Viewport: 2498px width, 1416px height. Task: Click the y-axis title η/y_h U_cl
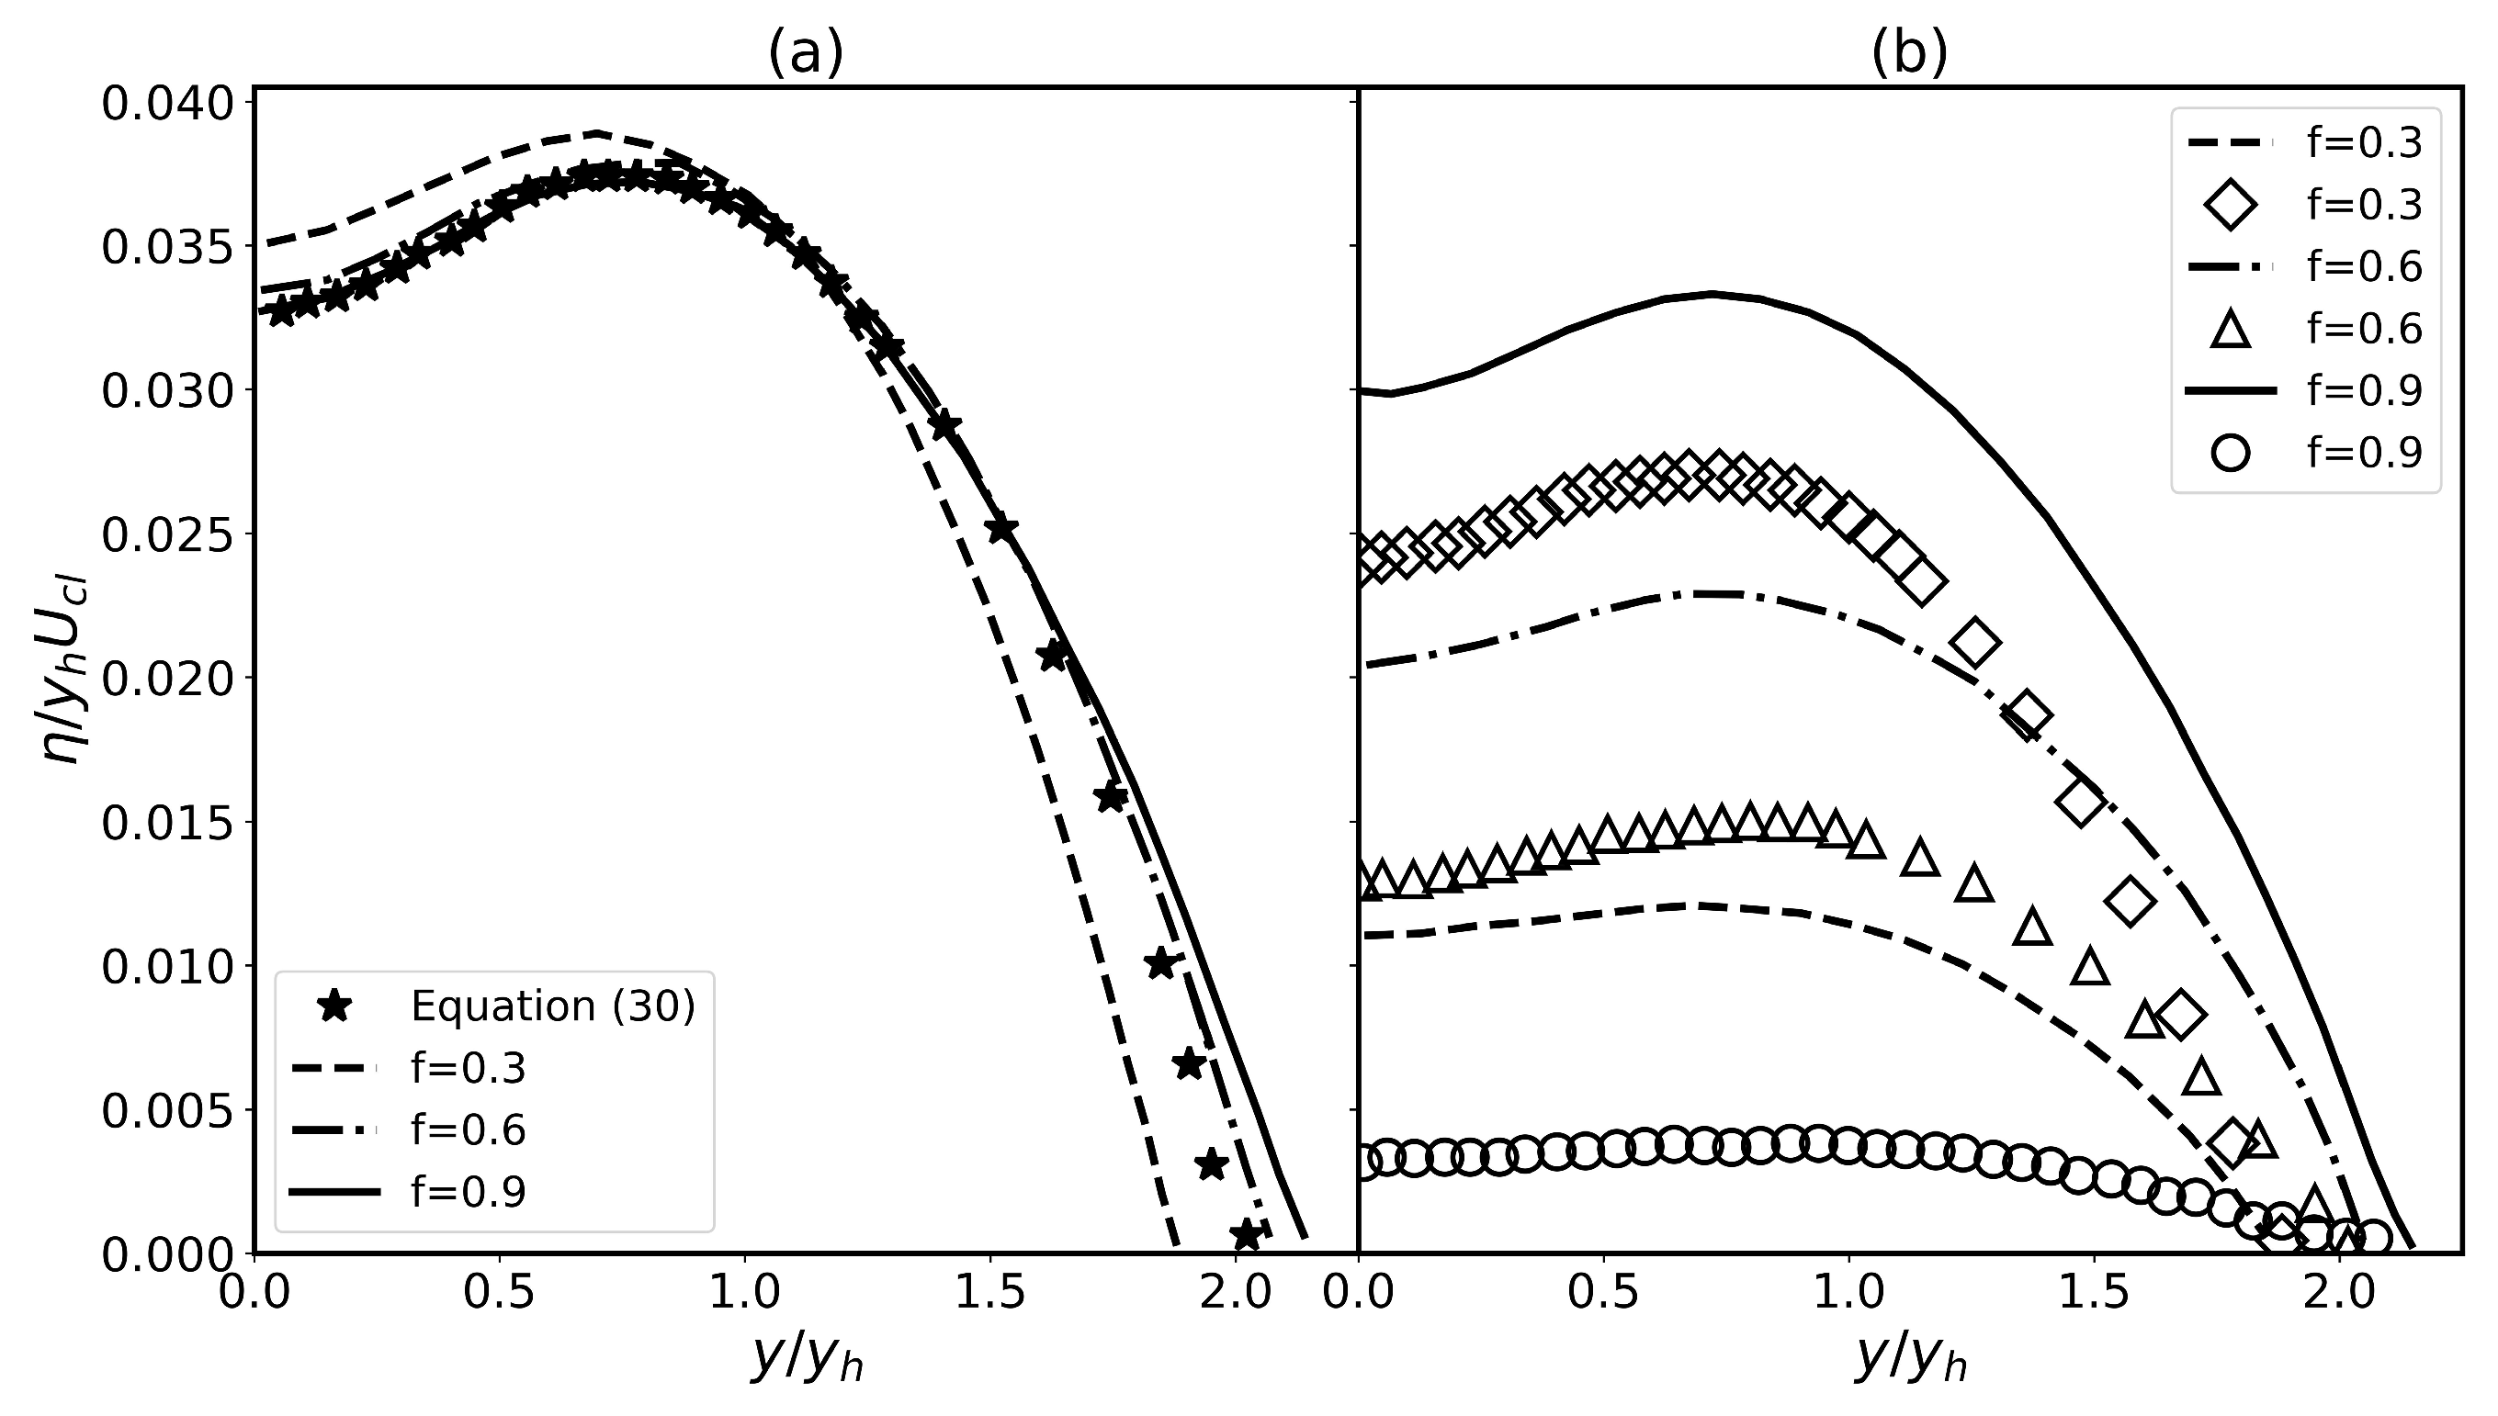click(x=66, y=671)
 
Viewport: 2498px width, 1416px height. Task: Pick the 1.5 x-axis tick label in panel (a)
click(x=989, y=1294)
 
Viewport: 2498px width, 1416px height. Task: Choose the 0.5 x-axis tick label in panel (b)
click(x=1604, y=1294)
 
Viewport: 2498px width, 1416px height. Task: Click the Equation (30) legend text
click(x=552, y=1006)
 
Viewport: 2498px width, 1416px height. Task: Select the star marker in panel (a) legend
click(x=335, y=1006)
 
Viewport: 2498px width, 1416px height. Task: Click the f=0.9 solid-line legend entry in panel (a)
click(x=467, y=1192)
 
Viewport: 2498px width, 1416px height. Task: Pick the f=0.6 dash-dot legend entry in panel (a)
click(x=467, y=1130)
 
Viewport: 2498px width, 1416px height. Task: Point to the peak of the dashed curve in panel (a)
click(x=596, y=132)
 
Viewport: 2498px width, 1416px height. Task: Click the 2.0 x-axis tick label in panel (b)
click(x=2339, y=1294)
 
